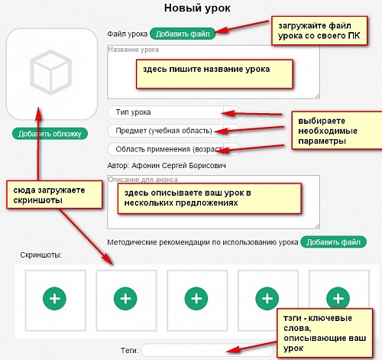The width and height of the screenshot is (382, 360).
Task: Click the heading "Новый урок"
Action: click(197, 8)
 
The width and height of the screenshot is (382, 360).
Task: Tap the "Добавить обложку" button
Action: click(50, 134)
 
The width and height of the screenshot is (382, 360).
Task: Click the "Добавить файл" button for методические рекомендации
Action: click(333, 242)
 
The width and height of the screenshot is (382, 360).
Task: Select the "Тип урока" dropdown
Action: click(173, 112)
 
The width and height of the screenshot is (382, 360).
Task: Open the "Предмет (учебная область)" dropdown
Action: click(173, 131)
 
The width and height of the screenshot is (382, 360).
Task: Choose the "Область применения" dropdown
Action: click(173, 149)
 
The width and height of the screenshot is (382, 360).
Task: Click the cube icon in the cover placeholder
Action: click(50, 72)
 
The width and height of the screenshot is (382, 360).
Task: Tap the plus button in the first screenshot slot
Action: click(54, 299)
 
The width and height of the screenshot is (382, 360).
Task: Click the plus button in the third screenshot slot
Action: click(196, 299)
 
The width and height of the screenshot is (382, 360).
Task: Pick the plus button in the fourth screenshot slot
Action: click(267, 299)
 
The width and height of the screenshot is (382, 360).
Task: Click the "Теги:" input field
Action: click(207, 350)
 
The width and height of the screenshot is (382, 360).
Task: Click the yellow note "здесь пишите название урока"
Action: click(214, 74)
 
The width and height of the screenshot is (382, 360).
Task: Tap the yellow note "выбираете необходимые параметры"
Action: click(337, 130)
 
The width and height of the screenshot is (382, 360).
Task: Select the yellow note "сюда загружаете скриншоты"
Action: click(54, 195)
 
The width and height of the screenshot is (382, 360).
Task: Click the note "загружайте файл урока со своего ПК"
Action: click(319, 31)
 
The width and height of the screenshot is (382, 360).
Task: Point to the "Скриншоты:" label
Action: click(41, 255)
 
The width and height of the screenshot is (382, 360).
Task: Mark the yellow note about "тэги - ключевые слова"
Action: click(325, 333)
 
